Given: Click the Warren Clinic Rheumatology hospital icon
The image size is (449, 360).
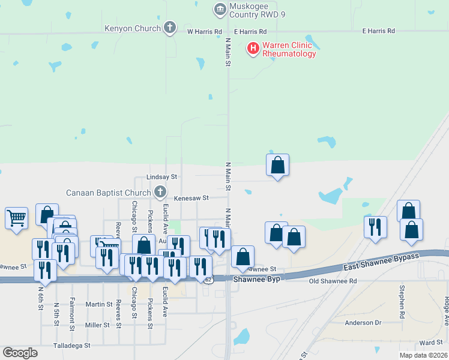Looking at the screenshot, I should pyautogui.click(x=253, y=47).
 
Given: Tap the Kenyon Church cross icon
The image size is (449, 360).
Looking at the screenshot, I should pyautogui.click(x=170, y=28).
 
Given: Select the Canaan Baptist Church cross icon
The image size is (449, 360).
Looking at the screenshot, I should pyautogui.click(x=160, y=192).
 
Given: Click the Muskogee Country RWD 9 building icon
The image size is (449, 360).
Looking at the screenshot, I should pyautogui.click(x=220, y=9).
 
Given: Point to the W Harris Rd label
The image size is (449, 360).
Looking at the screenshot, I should pyautogui.click(x=205, y=31).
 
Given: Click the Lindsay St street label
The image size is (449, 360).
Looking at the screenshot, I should pyautogui.click(x=162, y=178).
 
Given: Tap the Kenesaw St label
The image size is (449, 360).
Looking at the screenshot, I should pyautogui.click(x=191, y=197).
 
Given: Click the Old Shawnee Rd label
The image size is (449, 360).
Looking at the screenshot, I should pyautogui.click(x=333, y=281).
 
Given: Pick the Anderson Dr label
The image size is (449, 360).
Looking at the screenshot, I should pyautogui.click(x=363, y=323).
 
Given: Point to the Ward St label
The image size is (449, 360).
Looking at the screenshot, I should pyautogui.click(x=431, y=343).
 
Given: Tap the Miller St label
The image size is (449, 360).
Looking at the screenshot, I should pyautogui.click(x=97, y=325).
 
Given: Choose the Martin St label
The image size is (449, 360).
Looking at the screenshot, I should pyautogui.click(x=99, y=304).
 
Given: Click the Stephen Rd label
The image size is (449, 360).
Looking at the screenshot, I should pyautogui.click(x=402, y=297).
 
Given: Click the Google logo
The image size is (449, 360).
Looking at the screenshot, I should pyautogui.click(x=20, y=352).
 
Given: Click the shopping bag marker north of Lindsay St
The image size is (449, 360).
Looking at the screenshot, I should pyautogui.click(x=277, y=165).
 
